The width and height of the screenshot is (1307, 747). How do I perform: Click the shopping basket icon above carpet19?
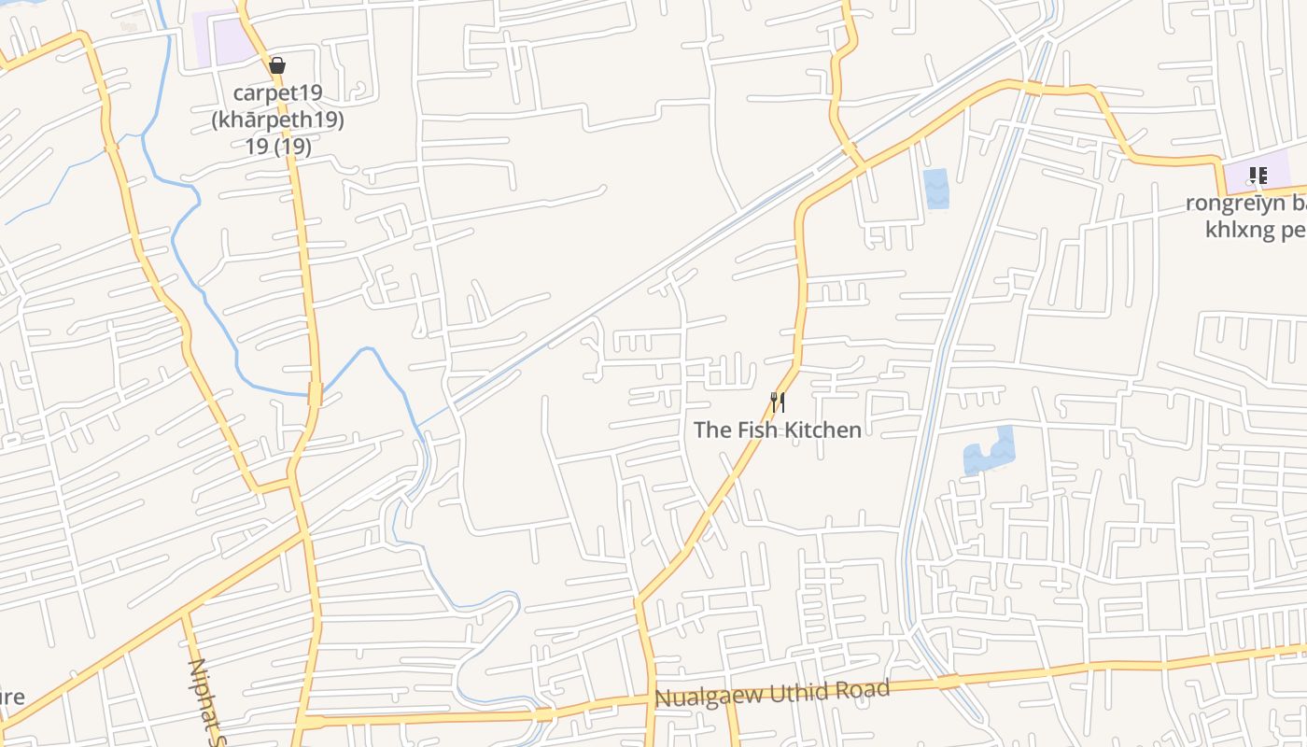pyautogui.click(x=276, y=65)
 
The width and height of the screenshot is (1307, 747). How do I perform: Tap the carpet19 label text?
pyautogui.click(x=277, y=92)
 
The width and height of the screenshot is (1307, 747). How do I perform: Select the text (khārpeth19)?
pyautogui.click(x=277, y=120)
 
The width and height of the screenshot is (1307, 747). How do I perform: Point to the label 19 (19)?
pyautogui.click(x=277, y=147)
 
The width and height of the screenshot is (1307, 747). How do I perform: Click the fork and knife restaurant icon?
pyautogui.click(x=777, y=402)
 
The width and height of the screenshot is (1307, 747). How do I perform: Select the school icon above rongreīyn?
pyautogui.click(x=1258, y=175)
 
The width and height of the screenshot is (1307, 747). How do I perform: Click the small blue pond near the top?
pyautogui.click(x=935, y=189)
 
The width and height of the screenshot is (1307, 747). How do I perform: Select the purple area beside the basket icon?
pyautogui.click(x=224, y=40)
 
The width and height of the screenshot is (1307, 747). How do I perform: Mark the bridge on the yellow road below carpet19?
pyautogui.click(x=315, y=394)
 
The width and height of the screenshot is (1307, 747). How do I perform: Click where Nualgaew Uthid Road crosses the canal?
pyautogui.click(x=948, y=684)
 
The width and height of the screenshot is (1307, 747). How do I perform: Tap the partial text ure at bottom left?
pyautogui.click(x=11, y=697)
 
